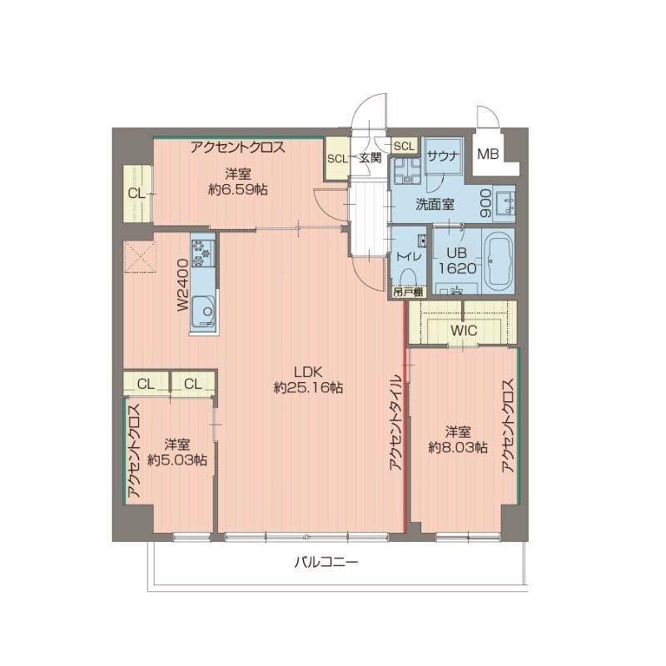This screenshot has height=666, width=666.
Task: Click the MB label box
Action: click(488, 154)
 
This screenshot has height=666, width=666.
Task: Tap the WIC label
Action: click(463, 331)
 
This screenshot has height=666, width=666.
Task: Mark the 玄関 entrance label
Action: click(370, 157)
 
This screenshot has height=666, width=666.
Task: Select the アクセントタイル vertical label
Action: click(395, 424)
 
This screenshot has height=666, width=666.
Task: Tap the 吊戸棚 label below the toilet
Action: click(408, 291)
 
